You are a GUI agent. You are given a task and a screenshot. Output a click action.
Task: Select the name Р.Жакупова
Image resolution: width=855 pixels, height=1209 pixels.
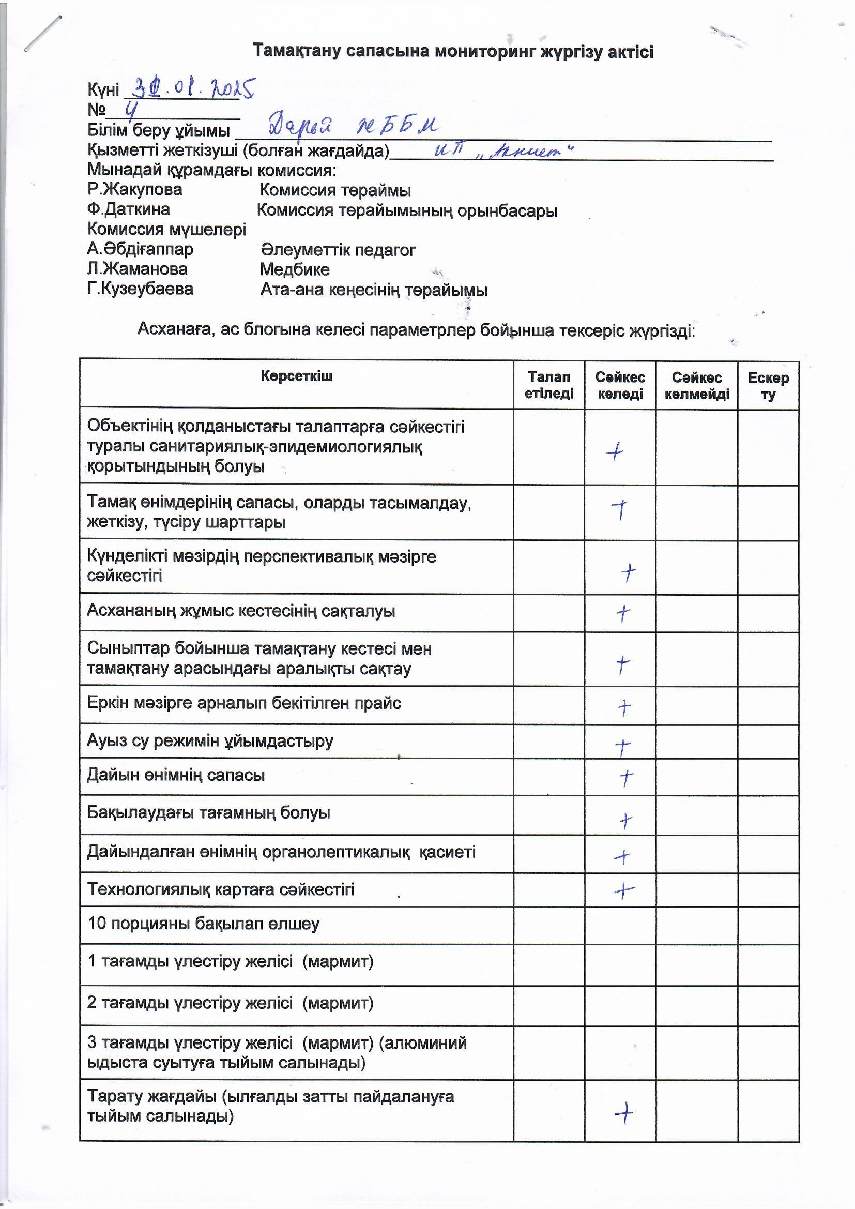tap(135, 189)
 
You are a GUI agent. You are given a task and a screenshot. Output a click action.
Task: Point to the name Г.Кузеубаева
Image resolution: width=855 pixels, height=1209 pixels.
tap(140, 289)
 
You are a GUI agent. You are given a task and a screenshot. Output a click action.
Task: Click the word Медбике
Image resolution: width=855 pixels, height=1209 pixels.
tap(295, 269)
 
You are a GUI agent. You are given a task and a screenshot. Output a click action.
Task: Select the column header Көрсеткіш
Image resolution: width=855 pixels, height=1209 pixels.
tap(296, 376)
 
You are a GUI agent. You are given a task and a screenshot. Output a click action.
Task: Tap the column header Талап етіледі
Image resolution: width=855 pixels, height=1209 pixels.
tap(548, 385)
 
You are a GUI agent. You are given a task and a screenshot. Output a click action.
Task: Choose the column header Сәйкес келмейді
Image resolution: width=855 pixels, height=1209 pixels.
tap(696, 385)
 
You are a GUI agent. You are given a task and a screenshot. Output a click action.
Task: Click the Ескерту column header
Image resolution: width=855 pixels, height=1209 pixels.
tap(768, 385)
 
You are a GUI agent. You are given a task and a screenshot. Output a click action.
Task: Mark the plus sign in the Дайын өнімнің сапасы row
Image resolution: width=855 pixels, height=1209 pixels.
tap(626, 777)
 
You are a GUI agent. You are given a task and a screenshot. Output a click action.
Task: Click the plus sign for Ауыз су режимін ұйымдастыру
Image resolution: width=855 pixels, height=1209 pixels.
tap(623, 746)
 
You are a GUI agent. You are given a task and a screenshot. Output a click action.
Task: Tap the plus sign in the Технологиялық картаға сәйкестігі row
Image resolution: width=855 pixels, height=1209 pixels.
tap(624, 890)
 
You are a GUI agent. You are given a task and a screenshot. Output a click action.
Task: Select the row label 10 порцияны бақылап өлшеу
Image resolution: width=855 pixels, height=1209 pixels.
tap(203, 924)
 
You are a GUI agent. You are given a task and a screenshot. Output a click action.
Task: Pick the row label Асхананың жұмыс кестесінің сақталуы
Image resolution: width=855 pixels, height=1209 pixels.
tap(240, 611)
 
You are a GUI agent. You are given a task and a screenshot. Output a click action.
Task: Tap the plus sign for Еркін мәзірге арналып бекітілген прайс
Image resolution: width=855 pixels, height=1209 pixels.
tap(624, 708)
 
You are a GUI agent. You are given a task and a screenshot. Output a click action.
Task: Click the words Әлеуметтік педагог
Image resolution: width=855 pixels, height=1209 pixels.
tap(338, 250)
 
